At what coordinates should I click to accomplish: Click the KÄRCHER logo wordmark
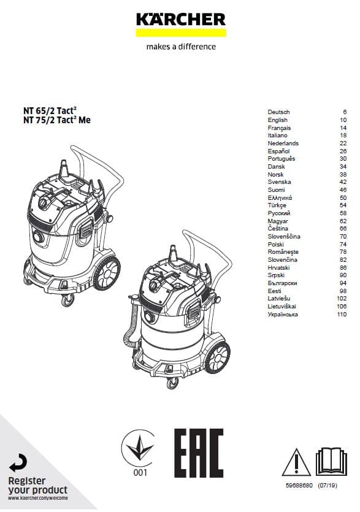point(181,19)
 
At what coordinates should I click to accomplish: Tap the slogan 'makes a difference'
point(181,47)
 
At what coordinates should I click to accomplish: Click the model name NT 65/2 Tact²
point(50,110)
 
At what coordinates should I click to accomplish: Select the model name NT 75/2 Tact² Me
point(57,120)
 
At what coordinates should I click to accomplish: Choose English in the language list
point(278,120)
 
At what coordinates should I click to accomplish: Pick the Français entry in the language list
point(279,128)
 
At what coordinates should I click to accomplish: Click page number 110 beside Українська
point(342,315)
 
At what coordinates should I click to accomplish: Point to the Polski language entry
point(276,244)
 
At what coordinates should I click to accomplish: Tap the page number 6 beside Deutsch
point(345,112)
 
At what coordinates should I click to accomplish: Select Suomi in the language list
point(277,189)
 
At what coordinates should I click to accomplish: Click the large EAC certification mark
point(199,453)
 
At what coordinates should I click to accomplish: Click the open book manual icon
point(331,462)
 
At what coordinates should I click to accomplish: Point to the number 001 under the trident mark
point(140,473)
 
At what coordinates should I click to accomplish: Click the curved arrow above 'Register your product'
point(18,463)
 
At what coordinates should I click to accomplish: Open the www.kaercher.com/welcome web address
point(38,498)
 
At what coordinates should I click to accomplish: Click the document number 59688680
point(299,486)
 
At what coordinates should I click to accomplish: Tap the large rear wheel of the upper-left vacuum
point(107,273)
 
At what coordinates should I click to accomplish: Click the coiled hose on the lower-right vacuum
point(131,327)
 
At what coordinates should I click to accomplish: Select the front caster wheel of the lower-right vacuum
point(172,383)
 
